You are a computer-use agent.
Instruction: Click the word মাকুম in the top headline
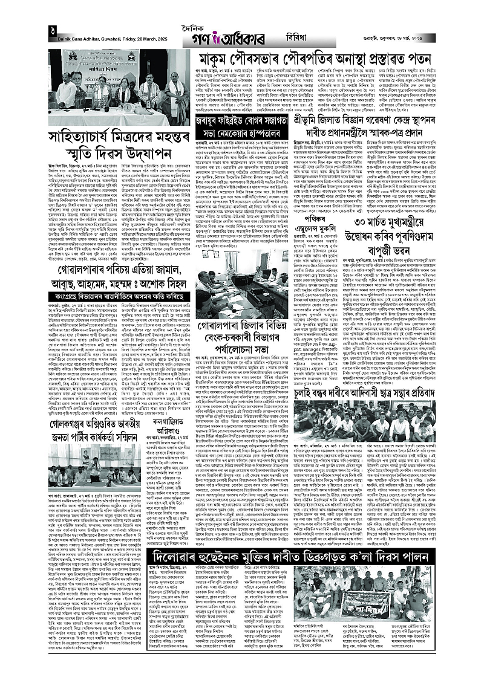pyautogui.click(x=220, y=60)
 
